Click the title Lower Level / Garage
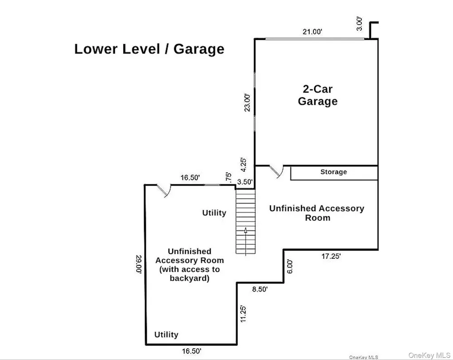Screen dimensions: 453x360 [x=149, y=49]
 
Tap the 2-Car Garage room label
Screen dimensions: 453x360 [x=318, y=95]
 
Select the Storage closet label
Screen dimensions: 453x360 [x=334, y=172]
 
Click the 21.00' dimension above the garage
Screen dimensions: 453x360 [x=312, y=32]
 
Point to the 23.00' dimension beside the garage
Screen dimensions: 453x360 [x=248, y=102]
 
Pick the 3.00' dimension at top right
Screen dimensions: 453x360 [x=359, y=24]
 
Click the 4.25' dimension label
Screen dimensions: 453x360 [x=244, y=165]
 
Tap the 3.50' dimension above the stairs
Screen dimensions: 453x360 [x=245, y=182]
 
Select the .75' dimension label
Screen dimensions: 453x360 [x=228, y=177]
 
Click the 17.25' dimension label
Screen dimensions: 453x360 [x=331, y=256]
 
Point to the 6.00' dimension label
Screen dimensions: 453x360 [x=290, y=267]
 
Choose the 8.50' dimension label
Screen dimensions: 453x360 [x=260, y=289]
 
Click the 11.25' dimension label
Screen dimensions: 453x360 [x=243, y=314]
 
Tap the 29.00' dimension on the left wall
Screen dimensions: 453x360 [x=139, y=264]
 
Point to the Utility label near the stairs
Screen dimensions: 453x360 [x=214, y=213]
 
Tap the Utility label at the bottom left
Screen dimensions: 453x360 [x=166, y=335]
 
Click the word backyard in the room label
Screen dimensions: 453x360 [x=189, y=278]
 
